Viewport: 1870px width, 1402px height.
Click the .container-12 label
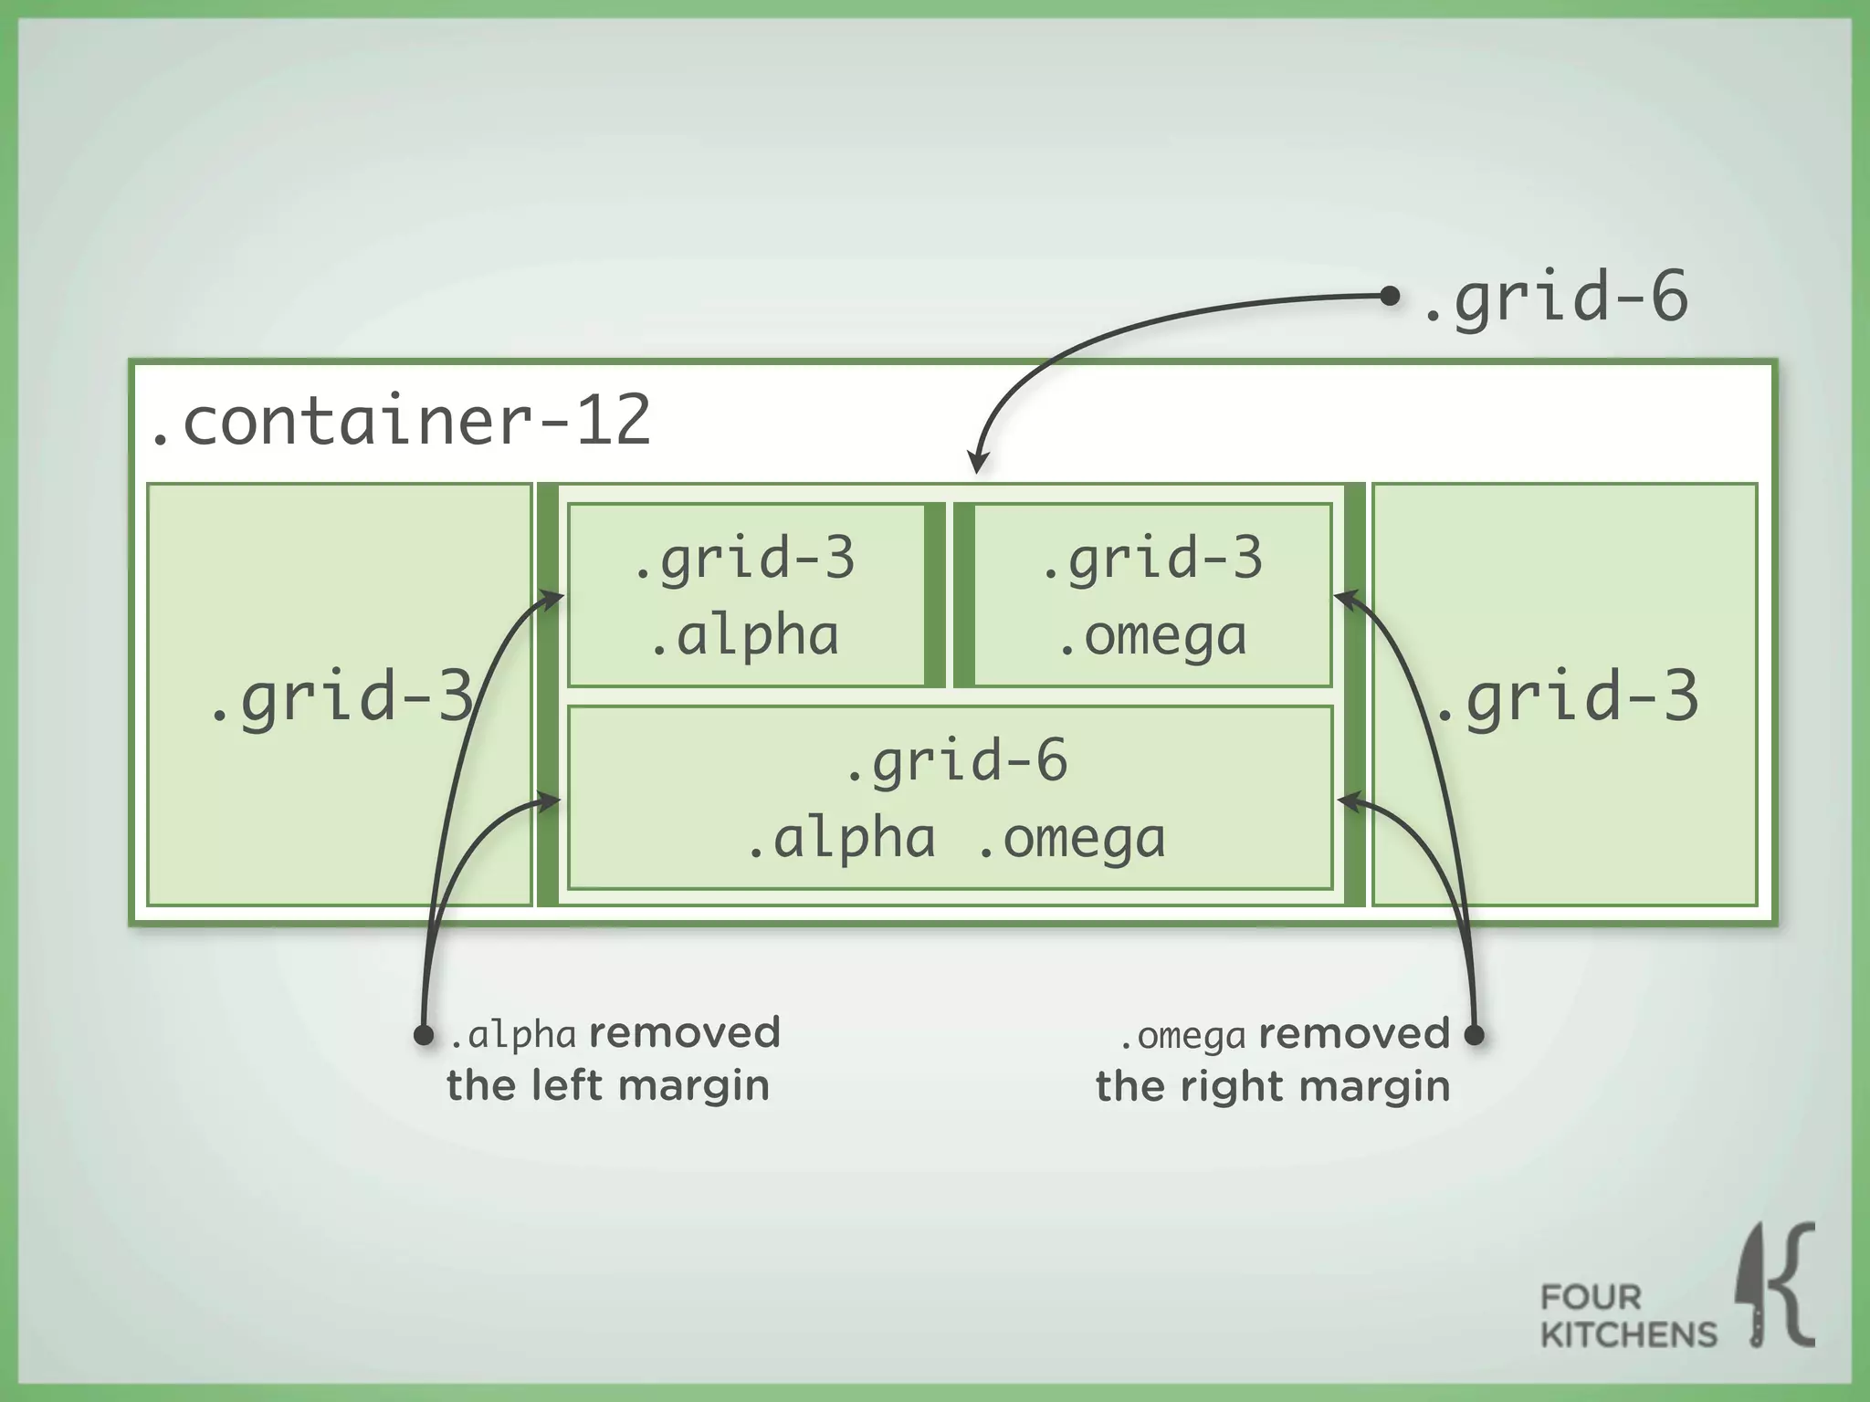400,421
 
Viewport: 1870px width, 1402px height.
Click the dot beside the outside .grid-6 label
1390,296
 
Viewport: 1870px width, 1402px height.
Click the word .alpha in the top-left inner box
744,636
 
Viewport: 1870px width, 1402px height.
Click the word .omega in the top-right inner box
1152,636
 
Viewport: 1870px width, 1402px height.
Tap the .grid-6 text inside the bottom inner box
955,761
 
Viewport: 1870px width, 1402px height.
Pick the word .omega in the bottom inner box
1071,839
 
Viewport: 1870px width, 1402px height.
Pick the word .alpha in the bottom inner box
841,839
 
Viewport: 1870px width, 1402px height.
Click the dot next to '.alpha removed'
424,1035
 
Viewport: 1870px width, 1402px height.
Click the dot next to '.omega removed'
1474,1035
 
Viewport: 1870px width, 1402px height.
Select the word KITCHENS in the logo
1628,1334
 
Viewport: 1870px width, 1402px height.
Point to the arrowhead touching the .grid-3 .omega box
1342,598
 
